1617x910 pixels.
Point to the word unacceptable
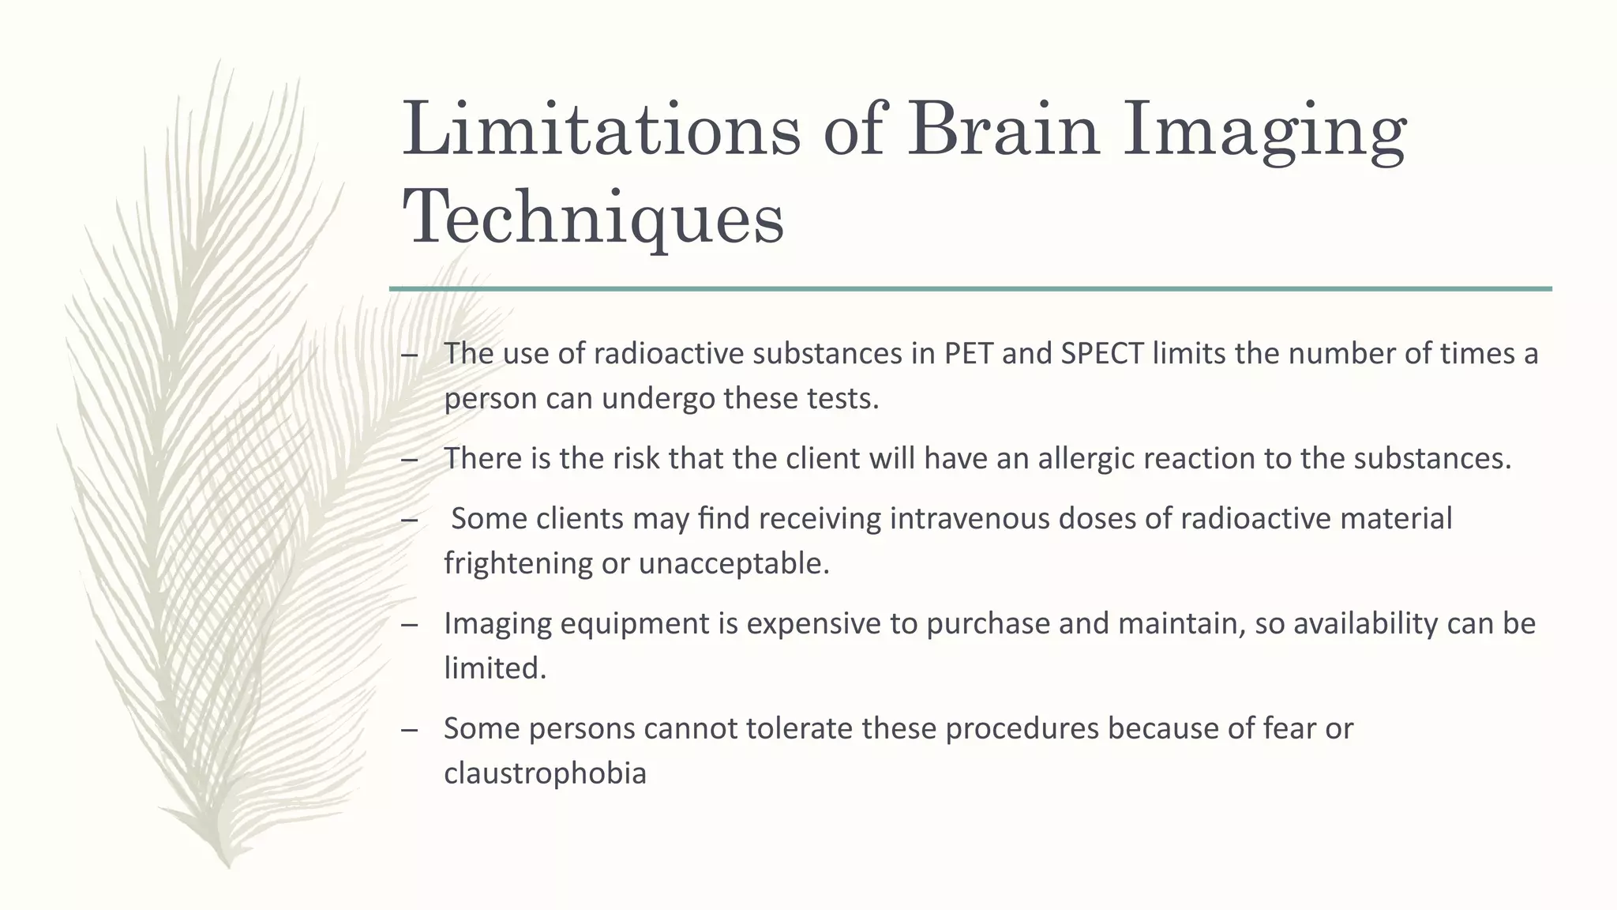(733, 564)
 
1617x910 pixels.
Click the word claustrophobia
(545, 773)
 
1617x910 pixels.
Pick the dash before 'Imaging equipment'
(409, 625)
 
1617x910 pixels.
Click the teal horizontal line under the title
(970, 289)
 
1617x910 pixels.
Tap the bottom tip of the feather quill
(227, 866)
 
